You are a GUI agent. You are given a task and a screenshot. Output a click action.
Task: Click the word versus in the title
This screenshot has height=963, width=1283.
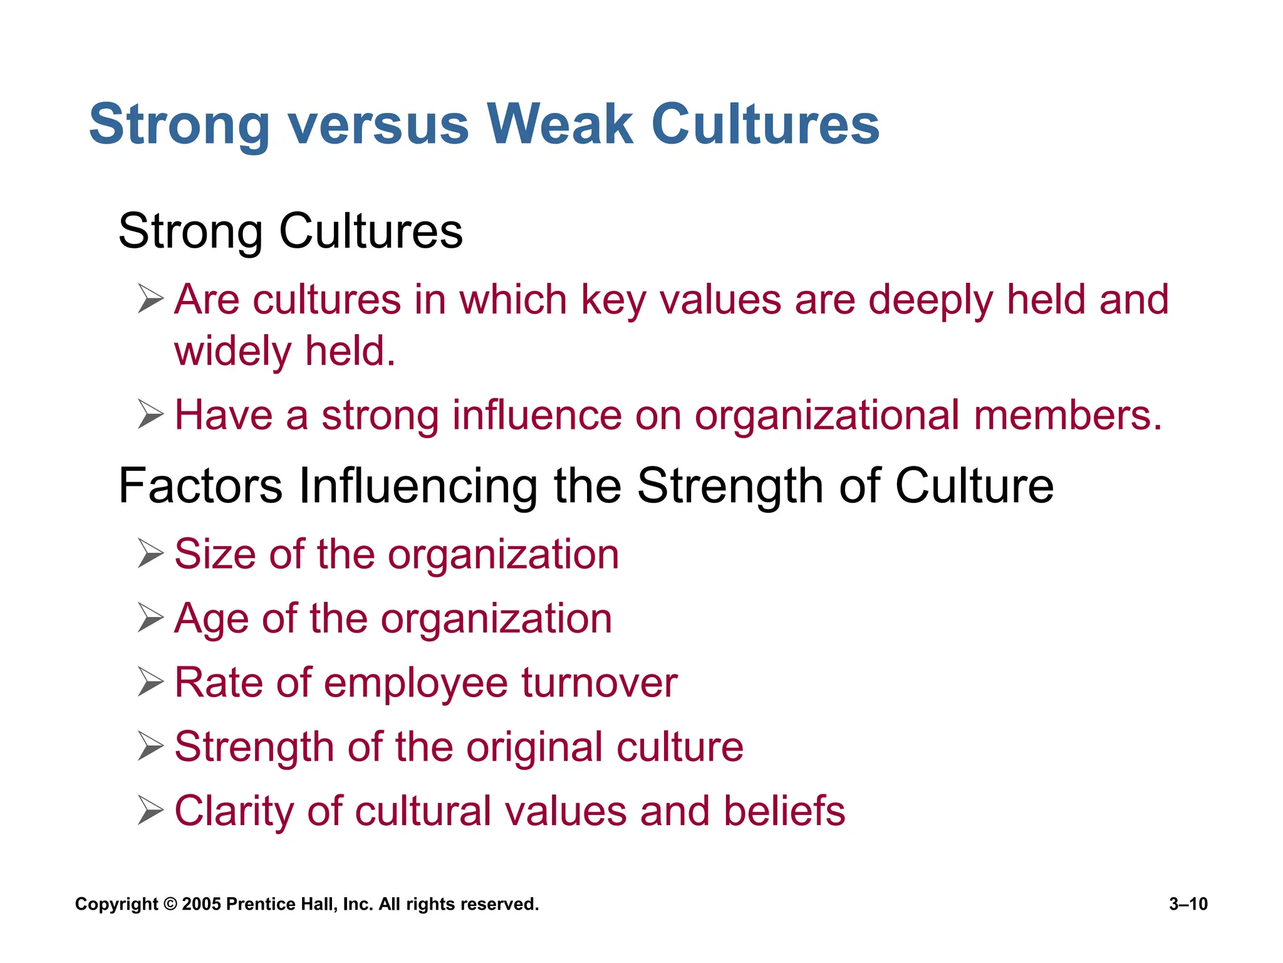tap(378, 124)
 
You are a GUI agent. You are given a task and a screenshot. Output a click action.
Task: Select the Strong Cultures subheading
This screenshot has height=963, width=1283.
tap(290, 231)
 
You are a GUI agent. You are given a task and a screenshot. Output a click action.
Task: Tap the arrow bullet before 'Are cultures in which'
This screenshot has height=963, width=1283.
tap(150, 298)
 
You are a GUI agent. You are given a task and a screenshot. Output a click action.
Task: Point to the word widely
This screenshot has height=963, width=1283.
tap(232, 351)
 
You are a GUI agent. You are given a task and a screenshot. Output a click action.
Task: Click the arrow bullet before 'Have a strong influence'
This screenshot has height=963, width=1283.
tap(150, 414)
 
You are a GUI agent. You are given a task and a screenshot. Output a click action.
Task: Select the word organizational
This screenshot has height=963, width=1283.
tap(827, 416)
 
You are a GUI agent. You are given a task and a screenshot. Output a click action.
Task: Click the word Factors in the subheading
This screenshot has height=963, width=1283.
tap(200, 486)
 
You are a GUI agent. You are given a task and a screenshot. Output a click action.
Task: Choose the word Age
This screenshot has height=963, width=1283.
tap(211, 619)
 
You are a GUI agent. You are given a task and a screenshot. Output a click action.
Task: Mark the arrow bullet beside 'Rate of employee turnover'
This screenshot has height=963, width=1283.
tap(150, 682)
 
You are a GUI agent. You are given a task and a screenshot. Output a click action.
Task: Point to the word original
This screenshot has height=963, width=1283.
tap(534, 747)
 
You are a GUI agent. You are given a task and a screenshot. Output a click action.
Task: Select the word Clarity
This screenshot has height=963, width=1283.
tap(234, 811)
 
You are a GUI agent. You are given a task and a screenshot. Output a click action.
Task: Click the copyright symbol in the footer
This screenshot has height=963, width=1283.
tap(170, 904)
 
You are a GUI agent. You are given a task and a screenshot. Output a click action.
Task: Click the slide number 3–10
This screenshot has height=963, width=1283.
tap(1188, 904)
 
